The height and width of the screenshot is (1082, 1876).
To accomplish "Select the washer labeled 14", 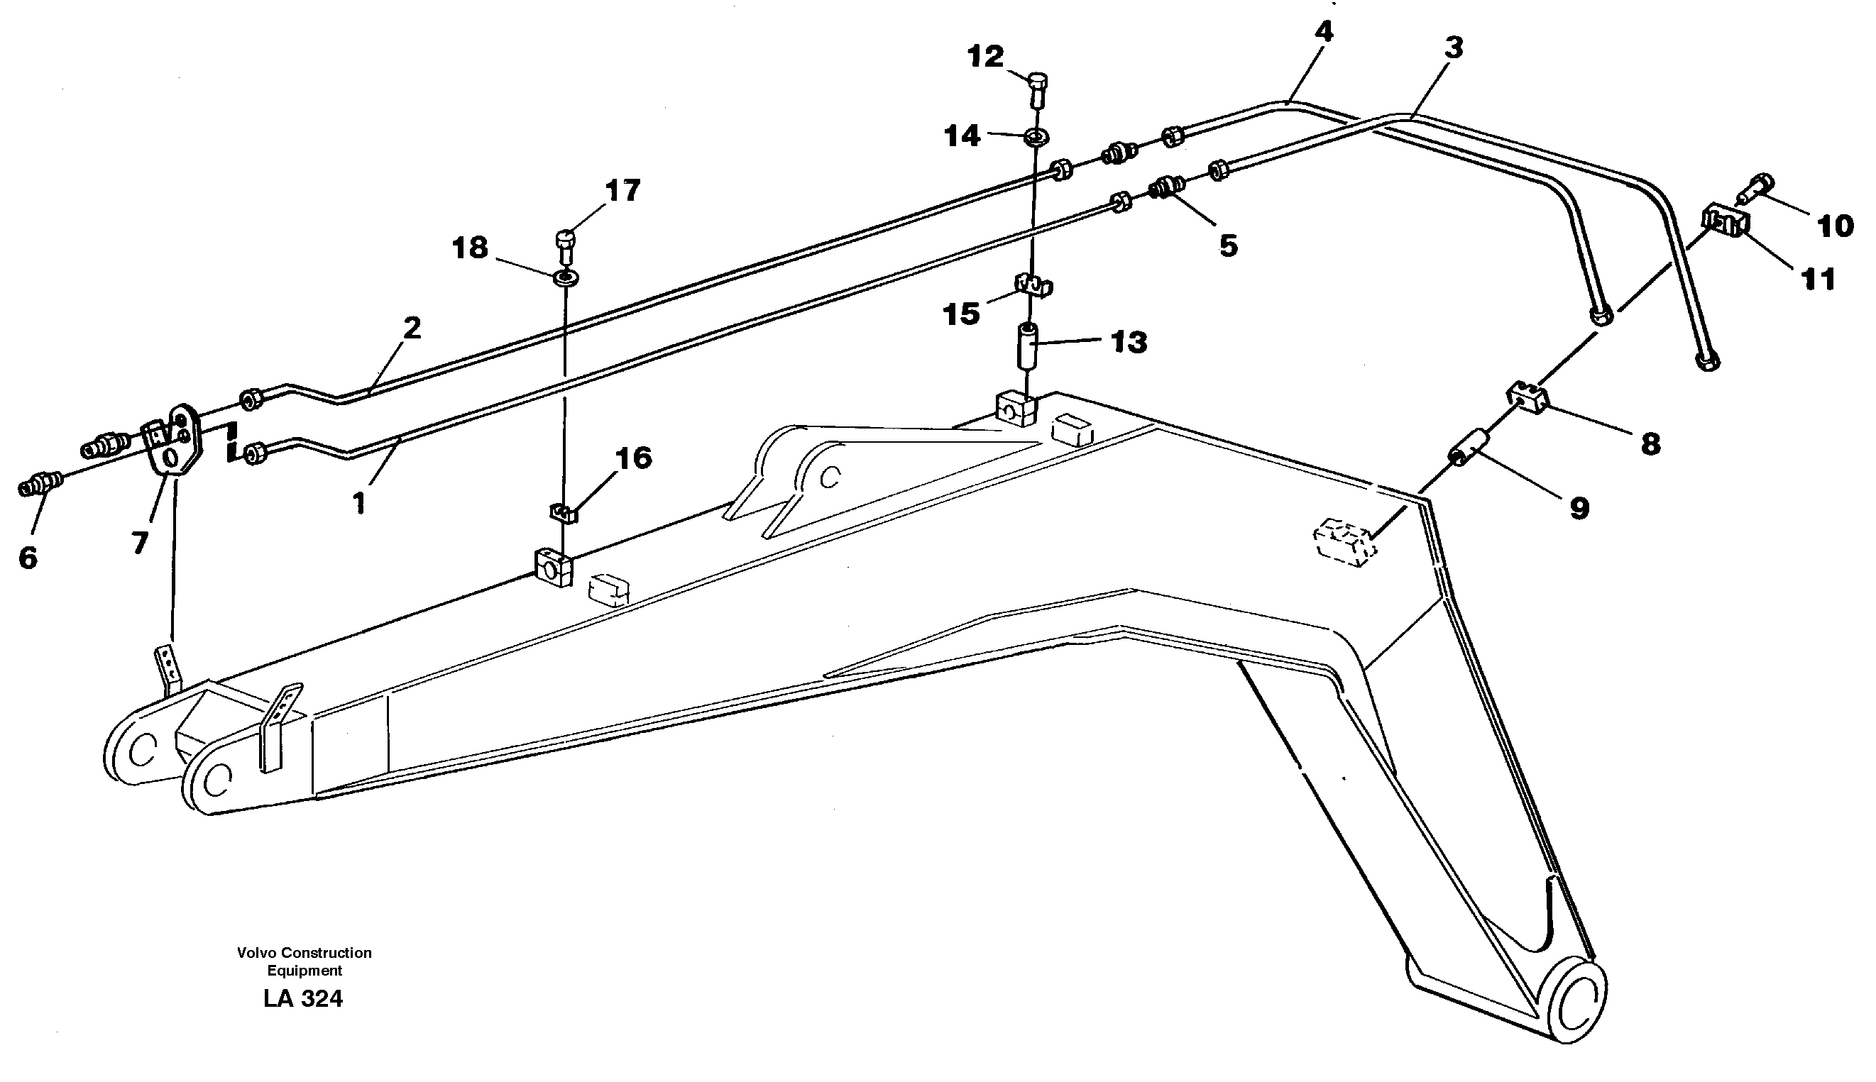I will point(1036,137).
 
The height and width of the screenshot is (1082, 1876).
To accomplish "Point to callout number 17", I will point(622,191).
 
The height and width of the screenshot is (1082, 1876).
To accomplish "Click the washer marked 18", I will point(566,279).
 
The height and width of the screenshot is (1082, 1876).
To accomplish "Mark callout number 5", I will point(1228,245).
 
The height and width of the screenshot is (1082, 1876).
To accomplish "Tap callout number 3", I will point(1453,48).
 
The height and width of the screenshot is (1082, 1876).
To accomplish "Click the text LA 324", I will point(302,999).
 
